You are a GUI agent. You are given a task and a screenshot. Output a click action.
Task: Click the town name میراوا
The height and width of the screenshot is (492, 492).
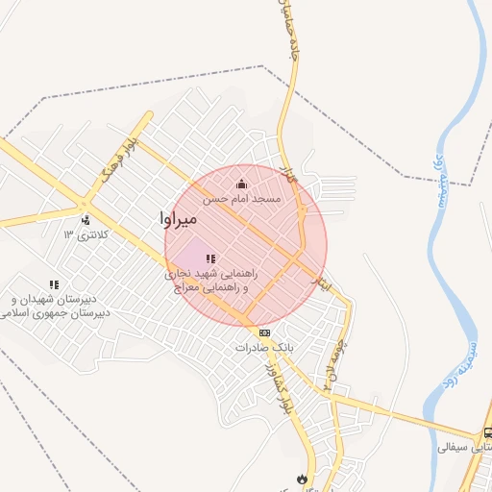(x=180, y=220)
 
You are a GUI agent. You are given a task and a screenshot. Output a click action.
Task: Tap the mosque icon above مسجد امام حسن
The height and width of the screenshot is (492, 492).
(x=241, y=184)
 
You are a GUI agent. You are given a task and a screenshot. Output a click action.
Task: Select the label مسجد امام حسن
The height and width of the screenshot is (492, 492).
(x=241, y=199)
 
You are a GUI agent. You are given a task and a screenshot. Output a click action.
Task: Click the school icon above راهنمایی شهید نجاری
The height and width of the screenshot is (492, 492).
(x=210, y=259)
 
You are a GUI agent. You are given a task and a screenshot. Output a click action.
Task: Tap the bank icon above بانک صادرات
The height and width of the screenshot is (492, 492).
(x=265, y=332)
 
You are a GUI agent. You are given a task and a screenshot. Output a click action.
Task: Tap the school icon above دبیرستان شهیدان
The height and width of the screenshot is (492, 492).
(x=54, y=285)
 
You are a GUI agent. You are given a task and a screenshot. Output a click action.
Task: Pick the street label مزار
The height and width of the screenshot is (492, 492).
(x=285, y=173)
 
